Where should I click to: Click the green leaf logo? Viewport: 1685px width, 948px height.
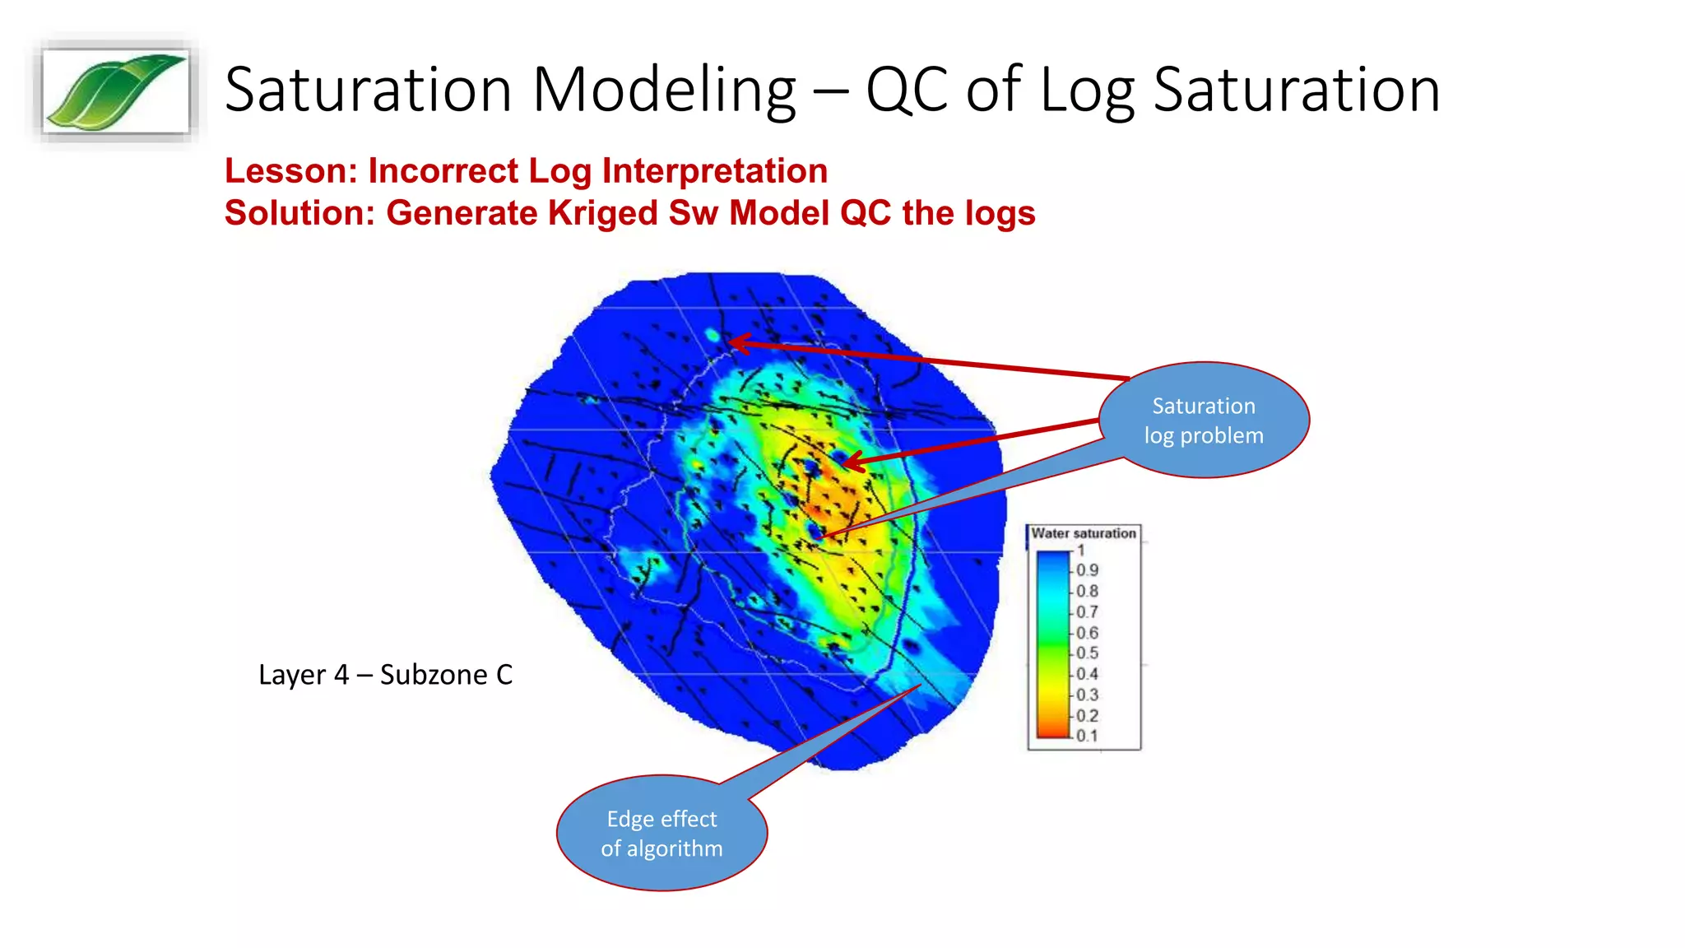coord(116,91)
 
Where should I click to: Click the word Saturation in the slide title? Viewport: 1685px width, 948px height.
coord(367,90)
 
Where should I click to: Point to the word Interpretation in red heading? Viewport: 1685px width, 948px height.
coord(714,171)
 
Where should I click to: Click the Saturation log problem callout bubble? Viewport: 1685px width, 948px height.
coord(1203,421)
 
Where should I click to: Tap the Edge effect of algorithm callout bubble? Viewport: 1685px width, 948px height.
coord(661,834)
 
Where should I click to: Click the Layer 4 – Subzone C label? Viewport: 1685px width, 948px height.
coord(385,675)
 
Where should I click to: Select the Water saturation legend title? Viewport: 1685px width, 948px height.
coord(1083,533)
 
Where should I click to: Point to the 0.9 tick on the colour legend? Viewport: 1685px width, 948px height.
coord(1087,570)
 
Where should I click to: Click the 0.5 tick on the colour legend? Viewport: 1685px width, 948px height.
coord(1087,653)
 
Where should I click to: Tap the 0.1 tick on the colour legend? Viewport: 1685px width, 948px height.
coord(1087,736)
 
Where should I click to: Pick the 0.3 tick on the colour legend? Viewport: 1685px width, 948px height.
coord(1087,695)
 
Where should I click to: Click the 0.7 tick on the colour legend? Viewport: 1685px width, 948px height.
coord(1087,612)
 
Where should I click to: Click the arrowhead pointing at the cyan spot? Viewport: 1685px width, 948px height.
coord(738,342)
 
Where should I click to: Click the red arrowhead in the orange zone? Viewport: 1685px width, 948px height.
coord(853,462)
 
